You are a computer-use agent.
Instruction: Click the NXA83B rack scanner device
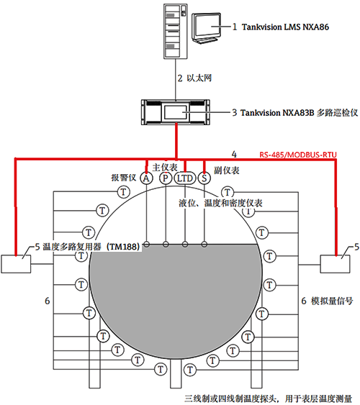point(176,113)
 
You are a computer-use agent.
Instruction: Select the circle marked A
point(146,178)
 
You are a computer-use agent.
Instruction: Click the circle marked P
point(166,178)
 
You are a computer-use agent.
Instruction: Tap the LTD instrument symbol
point(185,178)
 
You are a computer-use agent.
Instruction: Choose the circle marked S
point(204,178)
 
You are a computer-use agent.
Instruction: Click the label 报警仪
point(123,177)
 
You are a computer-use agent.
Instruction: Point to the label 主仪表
point(166,166)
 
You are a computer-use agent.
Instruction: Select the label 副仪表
point(228,173)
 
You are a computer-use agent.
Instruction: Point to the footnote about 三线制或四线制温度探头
point(268,396)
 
